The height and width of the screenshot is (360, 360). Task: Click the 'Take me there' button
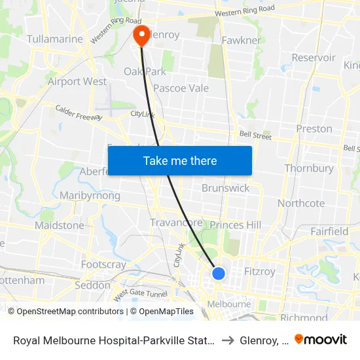pos(180,160)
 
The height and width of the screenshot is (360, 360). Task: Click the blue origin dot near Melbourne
pos(219,273)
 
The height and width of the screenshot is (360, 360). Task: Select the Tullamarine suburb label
pos(55,39)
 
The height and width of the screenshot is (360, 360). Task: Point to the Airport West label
pos(77,81)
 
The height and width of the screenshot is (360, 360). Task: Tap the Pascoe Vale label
pos(181,88)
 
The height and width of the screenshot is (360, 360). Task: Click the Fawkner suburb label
pos(241,40)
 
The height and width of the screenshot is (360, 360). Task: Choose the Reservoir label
pos(314,58)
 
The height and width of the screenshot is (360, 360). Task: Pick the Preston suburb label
pos(314,128)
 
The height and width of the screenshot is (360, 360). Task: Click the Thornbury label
pos(309,168)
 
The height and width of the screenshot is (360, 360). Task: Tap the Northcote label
pos(301,203)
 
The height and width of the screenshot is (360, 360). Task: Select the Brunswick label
pos(225,188)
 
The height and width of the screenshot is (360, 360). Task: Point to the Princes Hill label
pos(236,225)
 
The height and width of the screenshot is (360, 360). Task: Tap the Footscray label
pos(103,264)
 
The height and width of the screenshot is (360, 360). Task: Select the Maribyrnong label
pos(90,196)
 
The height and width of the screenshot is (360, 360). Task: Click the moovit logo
pos(321,339)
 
